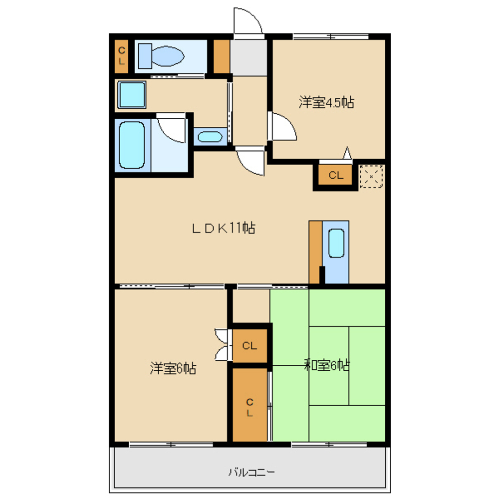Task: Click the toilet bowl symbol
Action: pos(161,56)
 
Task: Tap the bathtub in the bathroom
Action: pos(132,145)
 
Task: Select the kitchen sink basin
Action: pos(336,243)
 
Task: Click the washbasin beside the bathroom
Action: pos(210,137)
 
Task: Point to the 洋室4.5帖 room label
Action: pos(326,102)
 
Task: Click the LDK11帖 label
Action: pos(224,228)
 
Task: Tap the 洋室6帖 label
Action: pos(173,368)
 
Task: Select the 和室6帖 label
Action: pos(327,365)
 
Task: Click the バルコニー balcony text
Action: pos(251,472)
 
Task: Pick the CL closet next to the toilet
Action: pos(122,56)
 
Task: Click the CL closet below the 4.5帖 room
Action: pos(336,175)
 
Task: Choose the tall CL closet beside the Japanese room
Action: pos(250,405)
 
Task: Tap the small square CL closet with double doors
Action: pos(250,345)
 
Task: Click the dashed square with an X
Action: pos(371,176)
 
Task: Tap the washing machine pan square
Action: pos(132,94)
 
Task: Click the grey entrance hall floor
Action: pos(249,57)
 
